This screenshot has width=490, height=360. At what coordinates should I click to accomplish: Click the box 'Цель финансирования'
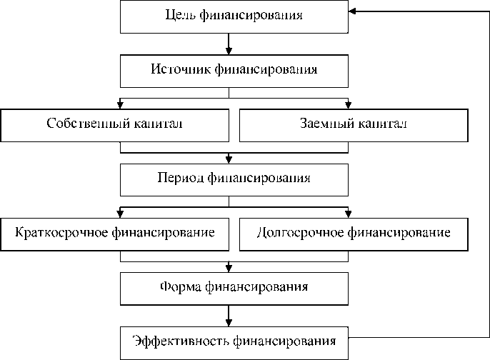pyautogui.click(x=234, y=16)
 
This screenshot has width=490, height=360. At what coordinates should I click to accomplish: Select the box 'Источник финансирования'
pyautogui.click(x=234, y=71)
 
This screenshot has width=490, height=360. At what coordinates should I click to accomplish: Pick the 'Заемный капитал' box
pyautogui.click(x=353, y=124)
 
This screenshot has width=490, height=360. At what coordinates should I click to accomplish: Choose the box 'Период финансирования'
pyautogui.click(x=234, y=179)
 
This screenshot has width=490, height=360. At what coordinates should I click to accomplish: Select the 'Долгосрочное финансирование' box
pyautogui.click(x=353, y=233)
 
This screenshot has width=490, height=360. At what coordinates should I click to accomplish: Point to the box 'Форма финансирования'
pyautogui.click(x=234, y=287)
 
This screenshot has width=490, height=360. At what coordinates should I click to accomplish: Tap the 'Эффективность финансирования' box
pyautogui.click(x=234, y=341)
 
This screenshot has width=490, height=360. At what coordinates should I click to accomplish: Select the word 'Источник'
pyautogui.click(x=176, y=71)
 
